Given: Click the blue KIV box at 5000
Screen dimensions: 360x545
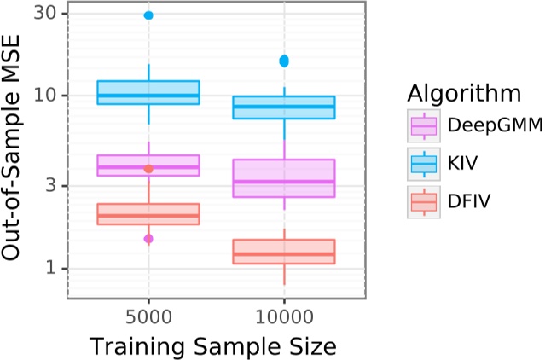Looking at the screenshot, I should (x=148, y=92).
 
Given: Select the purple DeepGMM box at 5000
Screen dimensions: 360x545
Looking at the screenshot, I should (x=148, y=165).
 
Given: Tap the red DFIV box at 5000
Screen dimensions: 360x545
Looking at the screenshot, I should (x=148, y=214).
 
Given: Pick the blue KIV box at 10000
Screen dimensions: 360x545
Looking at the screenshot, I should (x=284, y=107).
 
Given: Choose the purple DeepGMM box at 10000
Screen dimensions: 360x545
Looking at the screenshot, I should (x=284, y=178).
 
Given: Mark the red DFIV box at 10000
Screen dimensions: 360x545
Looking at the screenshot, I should (x=284, y=252).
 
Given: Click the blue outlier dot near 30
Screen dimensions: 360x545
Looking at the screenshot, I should (x=148, y=15).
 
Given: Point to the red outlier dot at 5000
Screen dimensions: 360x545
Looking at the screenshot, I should (x=148, y=169).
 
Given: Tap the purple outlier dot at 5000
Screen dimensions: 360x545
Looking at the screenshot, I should (x=148, y=239).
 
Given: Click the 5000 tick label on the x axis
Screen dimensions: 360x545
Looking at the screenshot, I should (x=148, y=316).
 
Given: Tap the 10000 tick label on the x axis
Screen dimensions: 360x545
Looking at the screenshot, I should (x=284, y=316).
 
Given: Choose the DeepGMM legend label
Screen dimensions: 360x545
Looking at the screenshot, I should (x=496, y=125).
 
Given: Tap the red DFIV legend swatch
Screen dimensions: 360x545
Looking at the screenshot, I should (x=424, y=201).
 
